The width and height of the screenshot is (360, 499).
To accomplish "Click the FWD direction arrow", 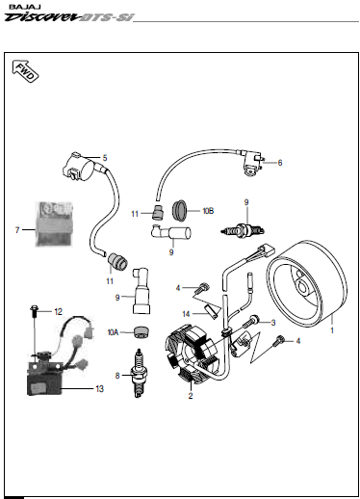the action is coord(25,71).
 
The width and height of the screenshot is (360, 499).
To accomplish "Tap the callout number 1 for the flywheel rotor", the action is coord(332,330).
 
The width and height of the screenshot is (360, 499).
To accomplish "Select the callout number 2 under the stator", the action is coord(191,396).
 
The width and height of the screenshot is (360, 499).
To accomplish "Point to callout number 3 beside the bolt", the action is coord(273,323).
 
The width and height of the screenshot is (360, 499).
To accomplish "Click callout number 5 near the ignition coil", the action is coord(105,158).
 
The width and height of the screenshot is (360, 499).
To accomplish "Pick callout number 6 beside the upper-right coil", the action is coord(280,163).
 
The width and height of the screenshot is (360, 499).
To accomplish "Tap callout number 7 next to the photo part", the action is coord(17,230).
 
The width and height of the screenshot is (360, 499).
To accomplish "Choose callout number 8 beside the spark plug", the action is coord(117,376).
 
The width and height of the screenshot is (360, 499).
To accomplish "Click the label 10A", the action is coord(113,332).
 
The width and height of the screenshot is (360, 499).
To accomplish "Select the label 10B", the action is coord(208,211).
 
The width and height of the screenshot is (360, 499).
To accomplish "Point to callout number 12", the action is coord(58,312).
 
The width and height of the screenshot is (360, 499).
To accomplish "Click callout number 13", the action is coord(99,389).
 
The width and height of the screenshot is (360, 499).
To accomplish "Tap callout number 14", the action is coord(186,314).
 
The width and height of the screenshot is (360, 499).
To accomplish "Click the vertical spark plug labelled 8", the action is coord(138,374).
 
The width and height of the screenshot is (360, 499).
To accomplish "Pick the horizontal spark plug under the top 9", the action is coord(243,230).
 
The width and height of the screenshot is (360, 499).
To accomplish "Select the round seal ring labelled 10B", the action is coord(179,210).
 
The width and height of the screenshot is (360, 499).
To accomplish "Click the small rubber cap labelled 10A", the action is coord(141,332).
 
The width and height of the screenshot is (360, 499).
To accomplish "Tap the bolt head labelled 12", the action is coord(34,309).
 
